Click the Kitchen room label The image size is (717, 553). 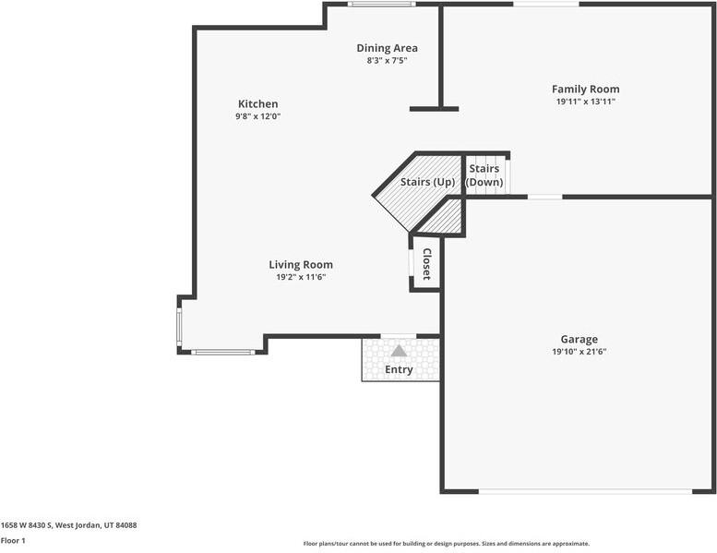tap(257, 104)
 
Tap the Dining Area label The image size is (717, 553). tap(387, 48)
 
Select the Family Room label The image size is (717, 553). tap(585, 89)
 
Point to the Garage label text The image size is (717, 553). tap(579, 339)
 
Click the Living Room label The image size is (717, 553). tap(301, 264)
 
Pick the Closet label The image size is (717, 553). tap(427, 264)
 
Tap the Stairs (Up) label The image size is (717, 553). tap(426, 182)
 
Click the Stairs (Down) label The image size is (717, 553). tap(484, 175)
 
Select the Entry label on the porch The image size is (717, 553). tap(399, 369)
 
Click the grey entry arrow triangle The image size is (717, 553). tap(399, 351)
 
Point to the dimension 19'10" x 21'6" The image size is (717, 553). tap(579, 352)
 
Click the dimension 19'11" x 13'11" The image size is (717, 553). tap(585, 102)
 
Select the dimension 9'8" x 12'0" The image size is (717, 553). tap(257, 117)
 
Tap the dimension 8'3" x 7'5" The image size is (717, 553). tap(387, 61)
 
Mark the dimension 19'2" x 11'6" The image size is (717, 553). tap(301, 277)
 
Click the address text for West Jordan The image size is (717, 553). tap(68, 524)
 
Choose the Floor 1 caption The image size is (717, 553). tap(13, 540)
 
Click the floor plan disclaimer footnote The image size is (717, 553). tap(446, 544)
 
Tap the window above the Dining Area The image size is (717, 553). tap(381, 4)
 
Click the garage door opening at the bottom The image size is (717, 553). tap(585, 491)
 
